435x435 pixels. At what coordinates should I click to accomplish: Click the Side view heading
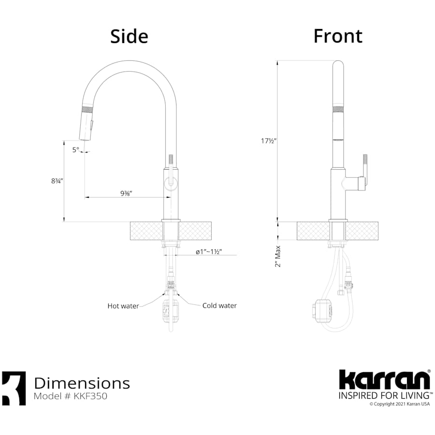[129, 36]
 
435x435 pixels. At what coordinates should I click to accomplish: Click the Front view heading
[338, 36]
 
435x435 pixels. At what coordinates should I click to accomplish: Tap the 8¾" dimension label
[57, 181]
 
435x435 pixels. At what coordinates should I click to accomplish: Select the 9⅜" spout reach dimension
[126, 193]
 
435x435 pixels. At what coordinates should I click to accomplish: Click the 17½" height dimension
[269, 141]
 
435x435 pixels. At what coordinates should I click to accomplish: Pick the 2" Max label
[277, 256]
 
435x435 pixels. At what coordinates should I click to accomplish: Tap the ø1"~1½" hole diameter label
[208, 252]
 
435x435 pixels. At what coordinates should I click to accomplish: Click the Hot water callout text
[123, 306]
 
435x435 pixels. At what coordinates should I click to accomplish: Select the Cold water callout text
[219, 305]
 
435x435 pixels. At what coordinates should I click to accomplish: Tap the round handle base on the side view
[170, 183]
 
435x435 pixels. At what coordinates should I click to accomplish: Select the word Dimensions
[82, 383]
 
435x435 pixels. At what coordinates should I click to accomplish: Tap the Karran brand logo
[384, 379]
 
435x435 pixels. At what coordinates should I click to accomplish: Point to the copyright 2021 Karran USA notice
[399, 405]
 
